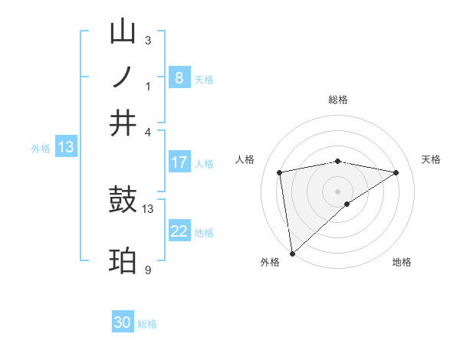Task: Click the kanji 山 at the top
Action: coord(123,33)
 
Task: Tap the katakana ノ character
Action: coord(123,77)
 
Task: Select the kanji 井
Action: coord(123,122)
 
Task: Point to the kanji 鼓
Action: coord(123,201)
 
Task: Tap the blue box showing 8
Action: coord(179,78)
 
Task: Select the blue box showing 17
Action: coord(179,162)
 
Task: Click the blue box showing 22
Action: coord(179,231)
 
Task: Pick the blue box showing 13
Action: coord(65,147)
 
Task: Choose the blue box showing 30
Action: coord(123,322)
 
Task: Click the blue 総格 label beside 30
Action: coord(147,324)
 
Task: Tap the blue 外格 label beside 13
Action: coord(40,149)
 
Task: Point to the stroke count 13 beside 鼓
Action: coord(148,208)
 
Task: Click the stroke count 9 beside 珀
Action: coord(148,270)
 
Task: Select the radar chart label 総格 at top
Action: coord(338,100)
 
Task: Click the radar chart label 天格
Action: coord(432,159)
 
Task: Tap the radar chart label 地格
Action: coord(402,262)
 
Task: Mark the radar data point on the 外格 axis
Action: coord(291,253)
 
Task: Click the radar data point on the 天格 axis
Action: coord(396,172)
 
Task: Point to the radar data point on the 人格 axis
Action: coord(280,172)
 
